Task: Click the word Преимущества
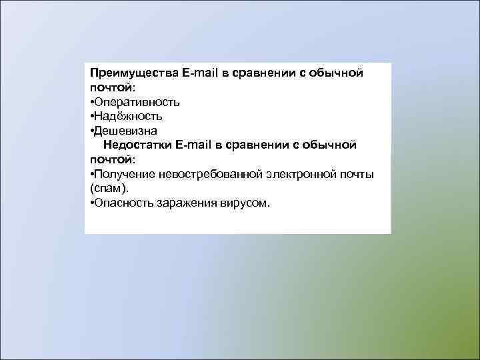[133, 73]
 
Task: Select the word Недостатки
[138, 145]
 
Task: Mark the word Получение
[125, 174]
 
